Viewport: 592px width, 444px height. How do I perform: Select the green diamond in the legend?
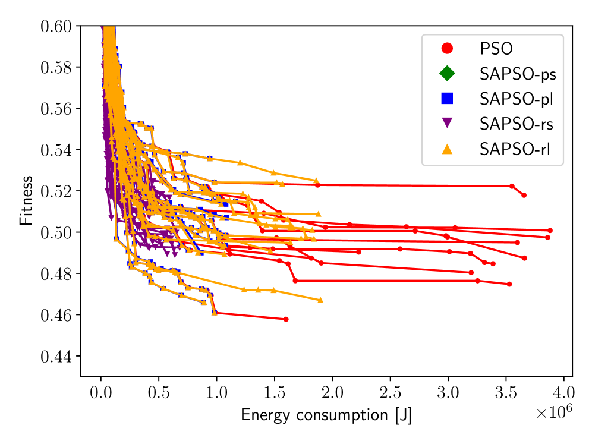[x=447, y=73]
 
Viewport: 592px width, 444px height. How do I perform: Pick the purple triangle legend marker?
[x=447, y=124]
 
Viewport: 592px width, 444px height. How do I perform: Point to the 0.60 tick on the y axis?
[x=56, y=26]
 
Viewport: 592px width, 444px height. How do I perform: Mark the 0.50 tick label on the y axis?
[x=56, y=232]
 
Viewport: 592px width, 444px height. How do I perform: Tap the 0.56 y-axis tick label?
[x=56, y=109]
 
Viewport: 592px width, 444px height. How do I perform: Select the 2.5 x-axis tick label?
[x=390, y=393]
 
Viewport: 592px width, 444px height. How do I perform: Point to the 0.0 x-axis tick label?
[x=101, y=393]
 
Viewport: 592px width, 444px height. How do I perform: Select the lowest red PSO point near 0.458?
[x=286, y=319]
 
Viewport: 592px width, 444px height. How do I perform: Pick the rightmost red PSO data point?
[x=550, y=231]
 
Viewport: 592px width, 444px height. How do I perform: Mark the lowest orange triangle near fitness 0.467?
[x=320, y=300]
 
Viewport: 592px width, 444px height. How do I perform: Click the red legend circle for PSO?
[x=447, y=48]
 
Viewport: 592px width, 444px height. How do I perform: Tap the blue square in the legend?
[x=447, y=99]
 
